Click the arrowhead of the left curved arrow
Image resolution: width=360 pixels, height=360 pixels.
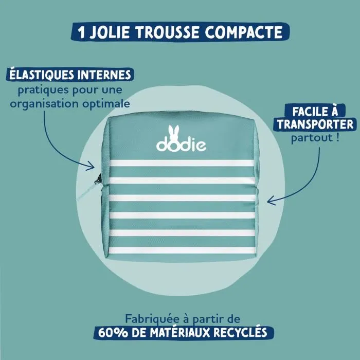[93, 166]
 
